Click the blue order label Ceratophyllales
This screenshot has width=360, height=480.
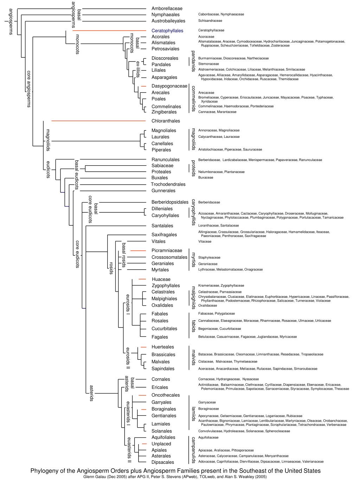[167, 31]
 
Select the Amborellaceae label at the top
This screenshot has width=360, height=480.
[167, 8]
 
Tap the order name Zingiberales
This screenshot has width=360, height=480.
[164, 112]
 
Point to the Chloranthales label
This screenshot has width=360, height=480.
[166, 121]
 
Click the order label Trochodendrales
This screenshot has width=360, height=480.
[168, 184]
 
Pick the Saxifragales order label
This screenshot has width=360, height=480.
[164, 235]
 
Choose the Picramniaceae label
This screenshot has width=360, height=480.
[167, 250]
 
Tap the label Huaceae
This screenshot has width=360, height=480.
[161, 279]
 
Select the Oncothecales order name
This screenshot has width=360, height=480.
[166, 395]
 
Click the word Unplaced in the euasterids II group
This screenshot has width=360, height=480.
[161, 444]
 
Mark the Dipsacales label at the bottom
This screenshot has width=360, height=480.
[163, 462]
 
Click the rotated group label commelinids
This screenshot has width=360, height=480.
[193, 98]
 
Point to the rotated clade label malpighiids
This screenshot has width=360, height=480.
[193, 298]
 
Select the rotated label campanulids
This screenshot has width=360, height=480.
[193, 450]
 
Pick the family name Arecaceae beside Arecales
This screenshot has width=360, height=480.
[206, 93]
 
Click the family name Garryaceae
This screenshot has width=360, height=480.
[207, 402]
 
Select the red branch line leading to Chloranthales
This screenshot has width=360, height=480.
[98, 121]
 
